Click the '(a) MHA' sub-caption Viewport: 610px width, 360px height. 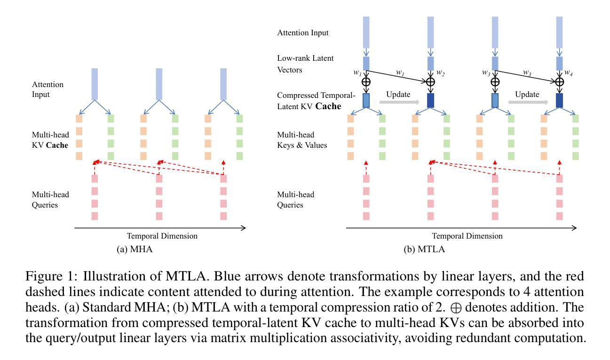135,249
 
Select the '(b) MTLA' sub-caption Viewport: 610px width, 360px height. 424,249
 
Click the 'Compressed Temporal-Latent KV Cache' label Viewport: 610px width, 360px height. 309,101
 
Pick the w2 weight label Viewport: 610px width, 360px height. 441,73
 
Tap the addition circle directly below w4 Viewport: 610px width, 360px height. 559,82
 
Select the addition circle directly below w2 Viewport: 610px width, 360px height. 430,82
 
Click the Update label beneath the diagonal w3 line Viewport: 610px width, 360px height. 527,94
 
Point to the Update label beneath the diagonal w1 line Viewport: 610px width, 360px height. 398,94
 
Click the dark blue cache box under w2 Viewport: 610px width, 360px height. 430,100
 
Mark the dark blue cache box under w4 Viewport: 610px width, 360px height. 559,100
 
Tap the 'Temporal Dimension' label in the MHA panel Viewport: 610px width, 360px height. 162,236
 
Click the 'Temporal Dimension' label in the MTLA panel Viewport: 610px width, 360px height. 467,236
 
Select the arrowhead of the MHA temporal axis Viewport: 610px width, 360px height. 243,228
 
